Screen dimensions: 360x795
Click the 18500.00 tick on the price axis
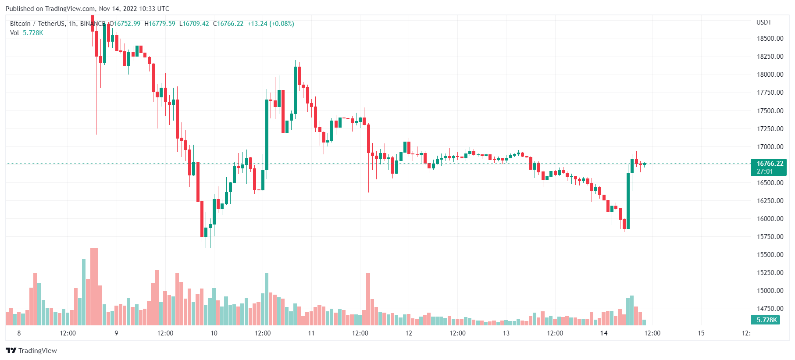point(770,39)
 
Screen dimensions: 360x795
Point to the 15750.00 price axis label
point(770,237)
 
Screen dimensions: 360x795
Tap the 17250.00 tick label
point(770,129)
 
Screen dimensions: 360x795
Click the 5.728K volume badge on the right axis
point(766,320)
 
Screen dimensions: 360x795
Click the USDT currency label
point(763,22)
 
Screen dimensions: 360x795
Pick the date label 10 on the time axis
point(214,333)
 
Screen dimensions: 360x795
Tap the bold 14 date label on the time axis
point(604,333)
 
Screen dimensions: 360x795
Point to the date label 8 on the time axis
point(19,333)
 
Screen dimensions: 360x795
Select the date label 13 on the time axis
point(506,333)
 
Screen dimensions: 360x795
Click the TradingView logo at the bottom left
point(31,350)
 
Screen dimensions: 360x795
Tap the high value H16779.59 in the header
point(160,24)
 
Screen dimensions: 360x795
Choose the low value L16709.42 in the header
point(194,24)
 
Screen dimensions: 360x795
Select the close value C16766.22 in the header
point(228,24)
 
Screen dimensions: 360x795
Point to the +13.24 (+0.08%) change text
point(271,24)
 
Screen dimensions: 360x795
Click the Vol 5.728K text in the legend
point(27,33)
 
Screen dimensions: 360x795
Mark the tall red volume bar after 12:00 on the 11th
point(368,299)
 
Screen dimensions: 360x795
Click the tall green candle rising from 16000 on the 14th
point(628,201)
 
